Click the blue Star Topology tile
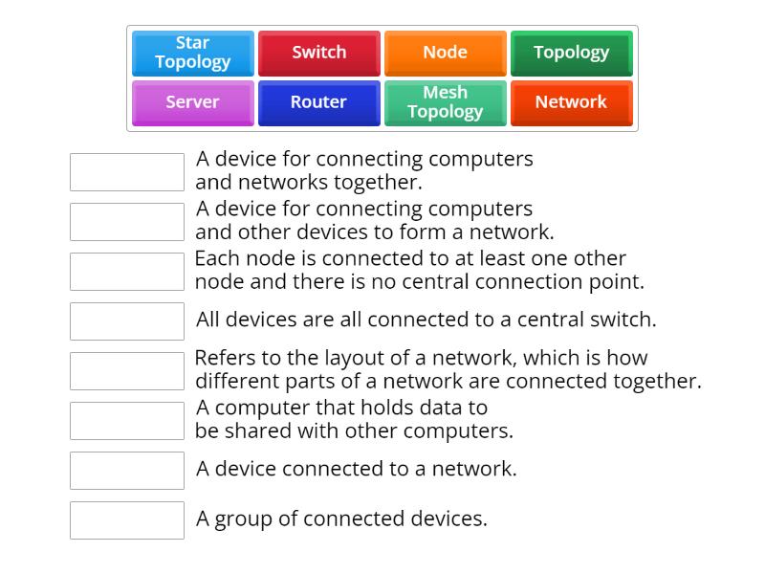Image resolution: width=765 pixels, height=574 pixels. point(193,53)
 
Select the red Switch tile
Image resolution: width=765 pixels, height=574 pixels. point(319,53)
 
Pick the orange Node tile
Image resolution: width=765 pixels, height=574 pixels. point(445,53)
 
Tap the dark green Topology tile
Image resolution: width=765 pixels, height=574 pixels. point(571,53)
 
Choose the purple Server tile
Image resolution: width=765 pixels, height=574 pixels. point(193,102)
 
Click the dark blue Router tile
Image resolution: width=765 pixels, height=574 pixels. point(319,102)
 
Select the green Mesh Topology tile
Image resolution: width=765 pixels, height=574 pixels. point(445,102)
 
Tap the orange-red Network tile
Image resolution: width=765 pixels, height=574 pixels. point(571,102)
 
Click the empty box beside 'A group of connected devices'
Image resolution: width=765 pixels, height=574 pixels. point(127,519)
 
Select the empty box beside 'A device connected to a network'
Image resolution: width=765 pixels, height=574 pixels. point(127,470)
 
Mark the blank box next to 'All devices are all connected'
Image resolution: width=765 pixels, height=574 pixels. point(127,320)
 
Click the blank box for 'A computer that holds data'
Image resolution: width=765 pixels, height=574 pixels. point(127,420)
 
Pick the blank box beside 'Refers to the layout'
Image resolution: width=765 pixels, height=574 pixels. point(127,370)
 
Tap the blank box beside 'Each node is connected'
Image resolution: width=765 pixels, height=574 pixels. point(127,271)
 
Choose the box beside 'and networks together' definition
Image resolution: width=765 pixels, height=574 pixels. point(127,171)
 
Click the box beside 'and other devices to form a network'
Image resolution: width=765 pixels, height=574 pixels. point(127,221)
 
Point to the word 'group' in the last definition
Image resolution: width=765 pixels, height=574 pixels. point(240,520)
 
